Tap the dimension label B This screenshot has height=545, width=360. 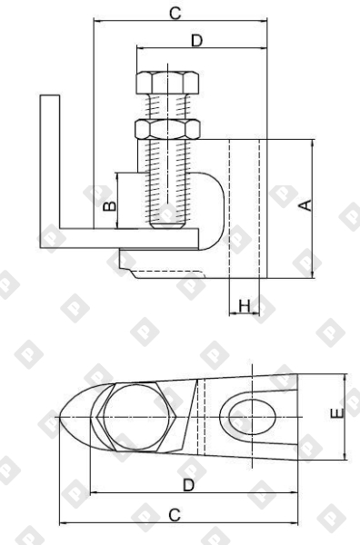pos(108,206)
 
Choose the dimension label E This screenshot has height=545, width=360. pos(337,417)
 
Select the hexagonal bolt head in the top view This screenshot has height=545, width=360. pos(135,418)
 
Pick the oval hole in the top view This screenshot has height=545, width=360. pos(250,418)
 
